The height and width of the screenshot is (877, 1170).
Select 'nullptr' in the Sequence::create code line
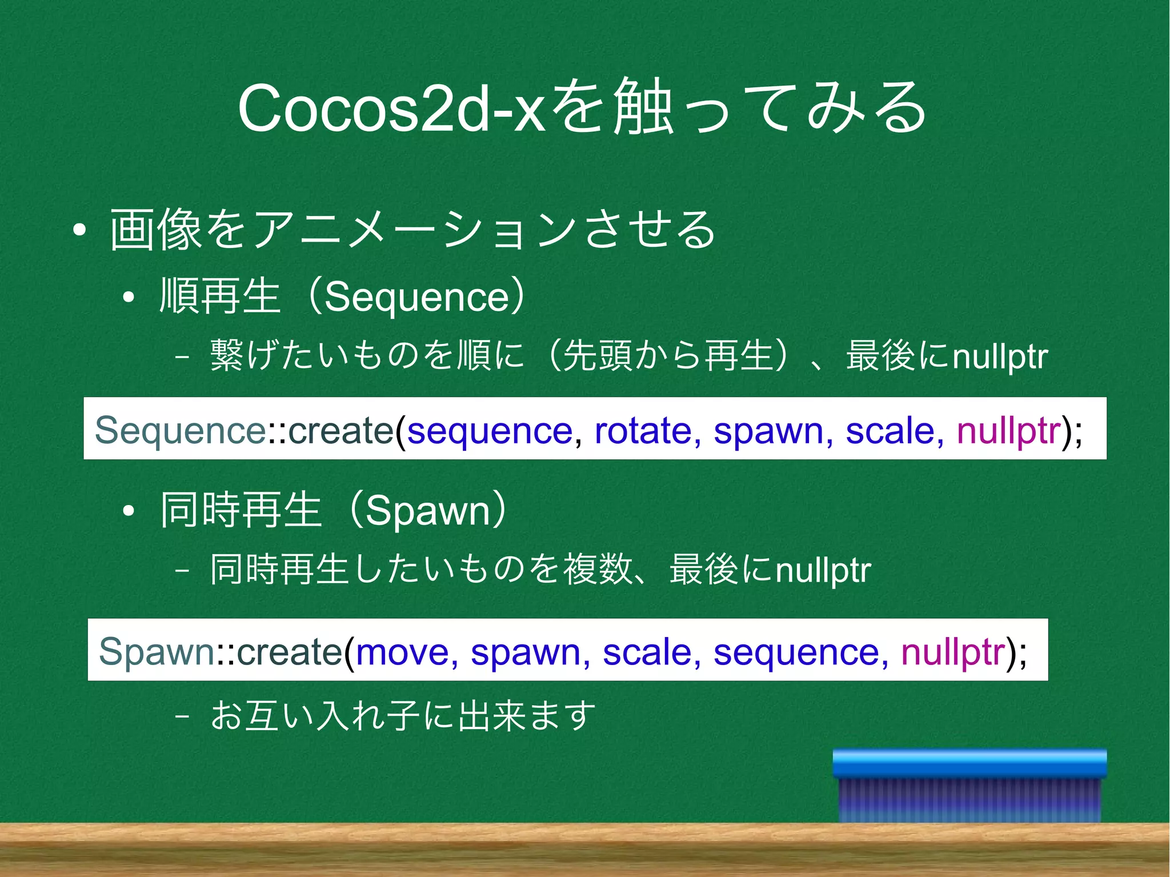coord(1008,430)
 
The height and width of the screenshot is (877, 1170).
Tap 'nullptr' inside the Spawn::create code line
coord(952,651)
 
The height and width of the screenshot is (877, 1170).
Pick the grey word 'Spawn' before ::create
coord(156,651)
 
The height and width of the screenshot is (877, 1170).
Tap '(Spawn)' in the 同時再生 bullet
coord(427,510)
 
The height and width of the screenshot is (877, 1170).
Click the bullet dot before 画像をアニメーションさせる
coord(79,230)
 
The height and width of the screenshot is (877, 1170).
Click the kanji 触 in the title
coord(641,107)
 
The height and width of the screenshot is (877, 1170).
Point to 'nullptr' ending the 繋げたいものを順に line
coord(1000,357)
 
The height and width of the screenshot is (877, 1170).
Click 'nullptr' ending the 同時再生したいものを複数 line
coord(823,570)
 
